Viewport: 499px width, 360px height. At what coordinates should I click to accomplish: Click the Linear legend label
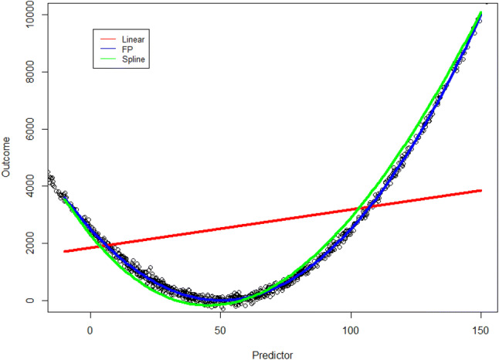point(134,38)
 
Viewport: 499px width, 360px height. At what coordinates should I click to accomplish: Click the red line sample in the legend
point(107,38)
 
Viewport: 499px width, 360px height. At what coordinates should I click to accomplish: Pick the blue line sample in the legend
point(107,48)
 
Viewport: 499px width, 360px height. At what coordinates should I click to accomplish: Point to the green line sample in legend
point(107,59)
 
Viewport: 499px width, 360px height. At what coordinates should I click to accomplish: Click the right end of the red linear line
point(480,191)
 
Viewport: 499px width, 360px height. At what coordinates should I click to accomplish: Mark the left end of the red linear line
point(65,251)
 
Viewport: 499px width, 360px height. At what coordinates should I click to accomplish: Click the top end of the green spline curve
point(480,13)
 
